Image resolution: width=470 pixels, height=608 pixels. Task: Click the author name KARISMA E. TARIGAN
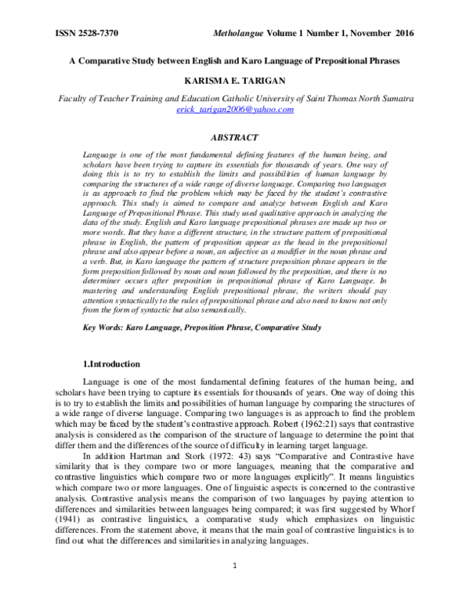click(x=234, y=81)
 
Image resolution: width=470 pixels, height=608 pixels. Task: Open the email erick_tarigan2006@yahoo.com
click(x=234, y=110)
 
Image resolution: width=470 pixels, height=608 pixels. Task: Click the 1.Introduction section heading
click(x=112, y=364)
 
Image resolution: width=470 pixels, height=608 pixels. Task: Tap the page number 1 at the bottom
click(x=234, y=584)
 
